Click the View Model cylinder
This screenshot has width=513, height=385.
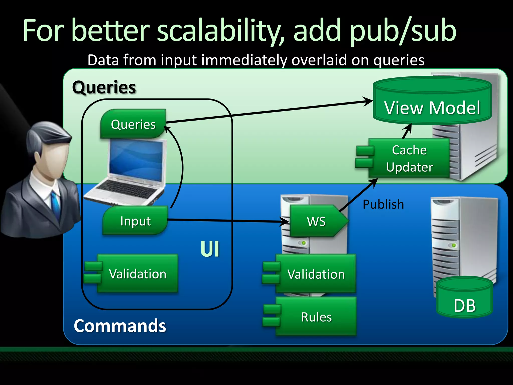432,105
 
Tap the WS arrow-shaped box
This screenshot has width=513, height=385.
317,221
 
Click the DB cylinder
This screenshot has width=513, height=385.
465,301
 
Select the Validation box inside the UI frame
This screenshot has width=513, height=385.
137,274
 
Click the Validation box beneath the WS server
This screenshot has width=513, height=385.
316,274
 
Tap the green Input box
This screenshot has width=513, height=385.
135,221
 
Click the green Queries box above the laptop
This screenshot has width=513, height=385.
133,124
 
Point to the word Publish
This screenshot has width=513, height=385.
383,204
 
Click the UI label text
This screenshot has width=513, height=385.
210,249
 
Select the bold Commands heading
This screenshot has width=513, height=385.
120,326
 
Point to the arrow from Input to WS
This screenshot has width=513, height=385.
225,221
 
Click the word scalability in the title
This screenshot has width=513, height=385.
220,31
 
